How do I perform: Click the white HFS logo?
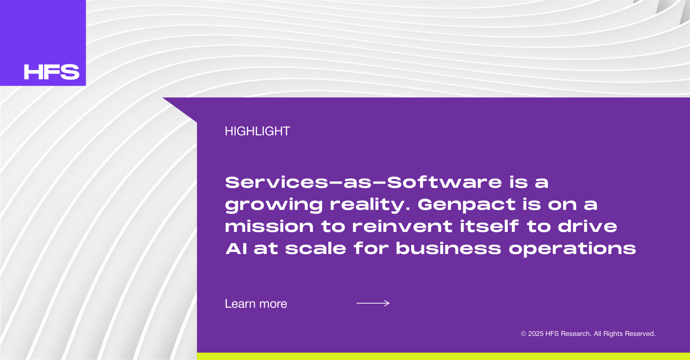tap(52, 72)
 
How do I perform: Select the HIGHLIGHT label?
tap(257, 131)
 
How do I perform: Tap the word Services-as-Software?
tap(363, 182)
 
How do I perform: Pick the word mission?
tap(269, 226)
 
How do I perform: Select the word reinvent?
tap(402, 226)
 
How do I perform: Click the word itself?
tap(489, 226)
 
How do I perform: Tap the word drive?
tap(588, 226)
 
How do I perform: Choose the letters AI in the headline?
tap(236, 248)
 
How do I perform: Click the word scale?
tap(316, 248)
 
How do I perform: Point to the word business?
tap(448, 248)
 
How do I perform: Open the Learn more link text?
tap(256, 304)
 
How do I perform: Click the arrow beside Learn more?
tap(373, 303)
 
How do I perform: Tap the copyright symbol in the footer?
tap(523, 334)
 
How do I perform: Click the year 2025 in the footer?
tap(535, 334)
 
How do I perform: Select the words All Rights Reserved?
tap(625, 334)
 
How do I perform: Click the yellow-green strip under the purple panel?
tap(443, 356)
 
